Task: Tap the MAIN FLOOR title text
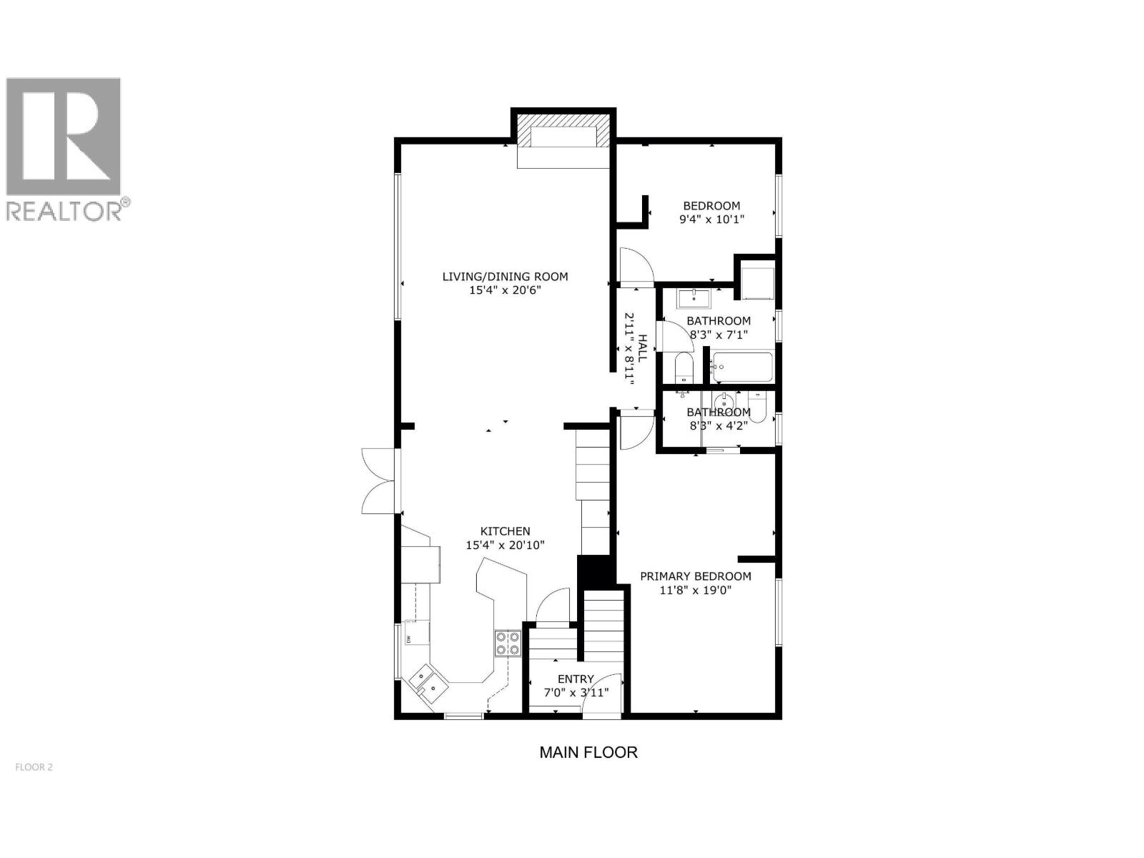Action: [588, 752]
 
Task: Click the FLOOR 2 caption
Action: [34, 768]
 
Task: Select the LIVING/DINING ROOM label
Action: [505, 277]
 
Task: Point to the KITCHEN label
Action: [505, 531]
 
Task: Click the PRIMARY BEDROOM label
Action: [695, 576]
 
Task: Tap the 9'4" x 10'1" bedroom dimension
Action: [711, 220]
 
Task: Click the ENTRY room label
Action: [576, 679]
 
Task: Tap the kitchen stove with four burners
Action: [507, 643]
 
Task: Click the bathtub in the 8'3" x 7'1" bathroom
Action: [741, 368]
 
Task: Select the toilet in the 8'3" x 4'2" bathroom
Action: [758, 406]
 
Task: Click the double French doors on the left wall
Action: [379, 480]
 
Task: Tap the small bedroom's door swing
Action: [636, 266]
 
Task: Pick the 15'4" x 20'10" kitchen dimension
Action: [505, 545]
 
